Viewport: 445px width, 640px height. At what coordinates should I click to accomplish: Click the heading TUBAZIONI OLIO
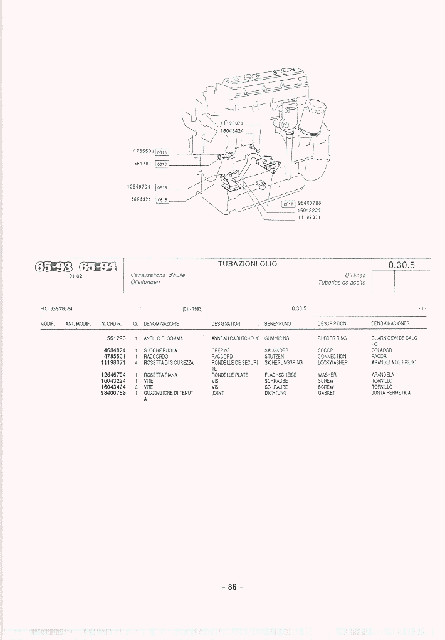[247, 264]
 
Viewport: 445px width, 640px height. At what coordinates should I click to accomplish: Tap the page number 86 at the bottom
[231, 587]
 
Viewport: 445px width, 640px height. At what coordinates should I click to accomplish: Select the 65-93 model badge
[55, 266]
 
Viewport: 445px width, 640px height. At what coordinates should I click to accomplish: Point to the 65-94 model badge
[97, 266]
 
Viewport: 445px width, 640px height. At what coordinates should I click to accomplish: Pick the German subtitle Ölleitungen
[145, 282]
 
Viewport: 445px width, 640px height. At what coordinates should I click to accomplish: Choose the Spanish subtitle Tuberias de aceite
[342, 282]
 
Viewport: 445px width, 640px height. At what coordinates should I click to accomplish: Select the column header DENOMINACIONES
[390, 324]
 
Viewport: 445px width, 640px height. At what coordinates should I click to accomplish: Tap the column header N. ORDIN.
[111, 324]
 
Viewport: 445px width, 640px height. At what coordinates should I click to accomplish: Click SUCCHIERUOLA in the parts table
[160, 350]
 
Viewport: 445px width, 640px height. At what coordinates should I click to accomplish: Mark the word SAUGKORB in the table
[276, 350]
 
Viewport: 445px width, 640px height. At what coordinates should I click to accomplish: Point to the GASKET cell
[327, 393]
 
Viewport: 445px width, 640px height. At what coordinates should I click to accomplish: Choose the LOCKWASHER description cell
[333, 362]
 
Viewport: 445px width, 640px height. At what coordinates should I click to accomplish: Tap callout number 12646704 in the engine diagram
[139, 186]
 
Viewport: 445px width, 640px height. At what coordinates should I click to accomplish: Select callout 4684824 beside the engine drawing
[141, 199]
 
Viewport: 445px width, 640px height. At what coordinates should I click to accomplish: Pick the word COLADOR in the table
[382, 350]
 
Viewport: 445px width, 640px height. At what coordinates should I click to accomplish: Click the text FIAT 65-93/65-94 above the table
[56, 308]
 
